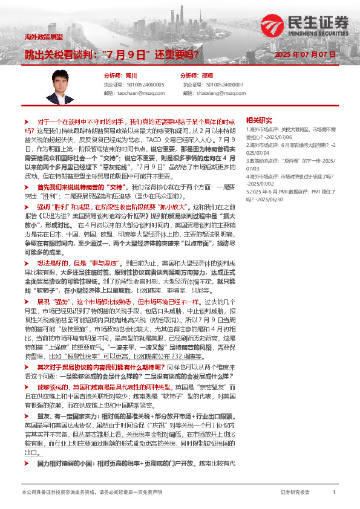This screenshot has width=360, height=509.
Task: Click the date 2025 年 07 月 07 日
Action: tap(305, 54)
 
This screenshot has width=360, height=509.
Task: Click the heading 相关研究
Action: tap(259, 120)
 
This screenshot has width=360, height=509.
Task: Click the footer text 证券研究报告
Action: tap(295, 493)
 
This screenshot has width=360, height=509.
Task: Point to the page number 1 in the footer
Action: tap(333, 493)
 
